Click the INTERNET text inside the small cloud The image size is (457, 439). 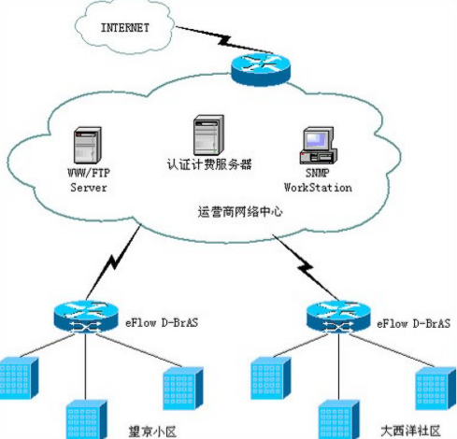coord(124,28)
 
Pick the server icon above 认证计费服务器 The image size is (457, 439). coord(206,135)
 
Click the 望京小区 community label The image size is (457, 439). coord(153,430)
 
